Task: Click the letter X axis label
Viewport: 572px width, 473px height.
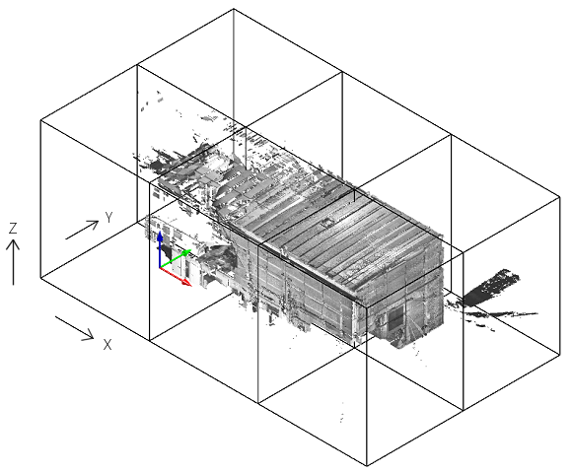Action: [107, 344]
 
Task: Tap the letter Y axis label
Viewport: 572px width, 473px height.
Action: [109, 218]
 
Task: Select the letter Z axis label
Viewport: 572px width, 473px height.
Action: [13, 228]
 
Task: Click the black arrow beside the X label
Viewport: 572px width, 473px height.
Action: [74, 328]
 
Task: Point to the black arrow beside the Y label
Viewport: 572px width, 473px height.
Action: [82, 230]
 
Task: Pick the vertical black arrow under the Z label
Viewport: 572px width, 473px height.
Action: [13, 262]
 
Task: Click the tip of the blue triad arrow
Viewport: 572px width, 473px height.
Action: [160, 231]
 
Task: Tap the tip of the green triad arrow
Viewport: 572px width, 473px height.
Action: [191, 250]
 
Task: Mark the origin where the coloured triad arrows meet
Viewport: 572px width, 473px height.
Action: [160, 268]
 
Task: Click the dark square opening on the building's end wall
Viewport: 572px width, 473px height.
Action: [395, 317]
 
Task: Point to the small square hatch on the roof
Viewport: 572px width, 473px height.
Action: [326, 222]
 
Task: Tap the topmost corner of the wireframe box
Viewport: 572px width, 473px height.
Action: [234, 9]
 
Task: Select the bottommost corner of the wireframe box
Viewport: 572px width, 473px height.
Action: [367, 466]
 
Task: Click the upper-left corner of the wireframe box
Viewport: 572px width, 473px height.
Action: [40, 120]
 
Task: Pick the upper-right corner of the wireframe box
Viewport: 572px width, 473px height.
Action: [560, 197]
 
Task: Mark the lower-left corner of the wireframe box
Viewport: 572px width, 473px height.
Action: [40, 278]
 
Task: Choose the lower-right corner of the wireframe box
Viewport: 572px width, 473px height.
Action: [560, 354]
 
